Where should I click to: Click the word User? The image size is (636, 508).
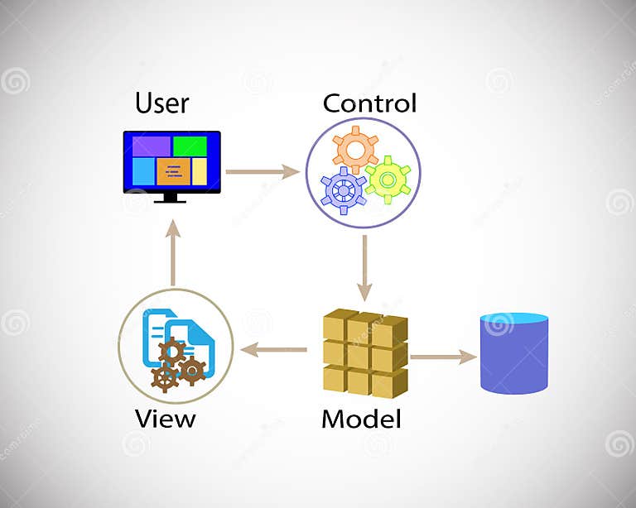coord(162,103)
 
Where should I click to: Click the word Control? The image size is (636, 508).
coord(369,103)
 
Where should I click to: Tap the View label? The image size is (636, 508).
coord(165,418)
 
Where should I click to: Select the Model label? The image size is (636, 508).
coord(361,419)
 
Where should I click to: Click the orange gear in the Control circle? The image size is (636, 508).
coord(355,151)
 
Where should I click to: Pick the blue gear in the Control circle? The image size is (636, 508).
coord(344,189)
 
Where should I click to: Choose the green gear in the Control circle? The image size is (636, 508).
coord(387,179)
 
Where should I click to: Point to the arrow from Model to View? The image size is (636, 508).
coord(273,350)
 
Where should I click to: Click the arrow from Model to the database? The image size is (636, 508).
coord(443,357)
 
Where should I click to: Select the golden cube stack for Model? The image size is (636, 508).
coord(364,352)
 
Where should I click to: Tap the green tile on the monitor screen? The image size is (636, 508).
coord(190,146)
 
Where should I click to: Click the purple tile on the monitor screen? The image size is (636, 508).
coord(151,146)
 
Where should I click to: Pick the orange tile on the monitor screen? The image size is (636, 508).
coord(174,171)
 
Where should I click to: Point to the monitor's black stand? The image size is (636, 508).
coord(171,198)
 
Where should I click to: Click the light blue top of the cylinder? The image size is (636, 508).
coord(514,318)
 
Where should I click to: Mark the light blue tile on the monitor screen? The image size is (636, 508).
coord(143,171)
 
